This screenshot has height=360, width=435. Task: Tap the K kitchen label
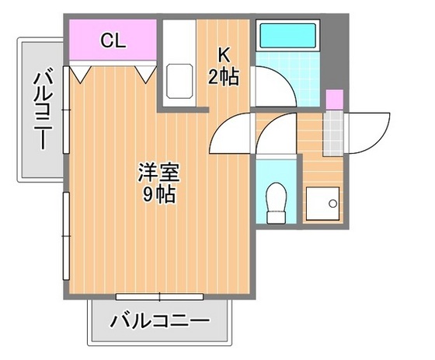coord(224,56)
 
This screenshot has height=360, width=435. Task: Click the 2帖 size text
coord(224,76)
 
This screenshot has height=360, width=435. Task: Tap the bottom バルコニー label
coord(159,320)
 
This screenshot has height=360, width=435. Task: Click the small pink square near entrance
coord(333,100)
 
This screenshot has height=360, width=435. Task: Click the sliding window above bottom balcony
coord(159,296)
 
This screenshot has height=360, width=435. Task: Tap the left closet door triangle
coord(82,73)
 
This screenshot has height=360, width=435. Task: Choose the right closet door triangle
coord(144,73)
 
